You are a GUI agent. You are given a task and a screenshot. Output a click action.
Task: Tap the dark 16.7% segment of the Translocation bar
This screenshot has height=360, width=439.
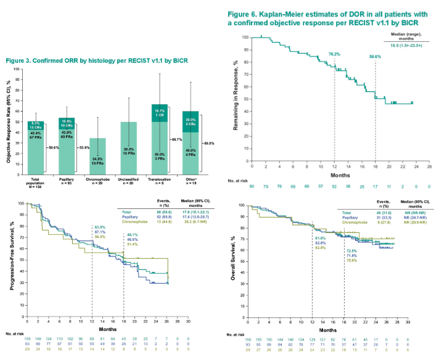[x=160, y=113]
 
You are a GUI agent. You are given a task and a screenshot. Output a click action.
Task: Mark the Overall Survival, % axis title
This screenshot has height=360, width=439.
[x=232, y=264]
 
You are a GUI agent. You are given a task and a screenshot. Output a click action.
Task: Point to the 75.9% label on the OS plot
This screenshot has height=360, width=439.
[x=352, y=243]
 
